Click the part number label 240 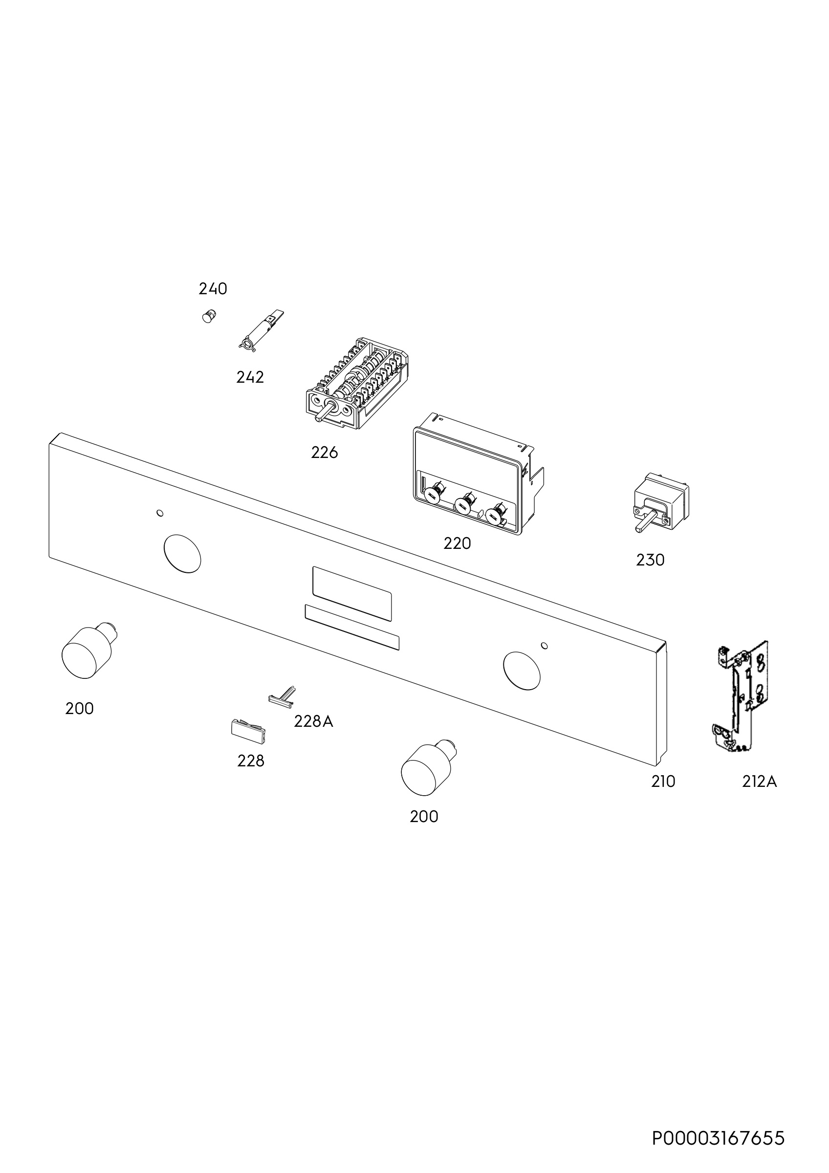[213, 289]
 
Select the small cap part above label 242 [208, 316]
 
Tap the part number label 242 [250, 377]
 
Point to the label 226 [325, 453]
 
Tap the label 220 [457, 543]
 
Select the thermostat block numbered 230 [660, 503]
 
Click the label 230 [650, 561]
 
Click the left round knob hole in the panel [182, 553]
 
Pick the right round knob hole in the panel [522, 671]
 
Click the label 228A [314, 721]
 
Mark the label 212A [759, 782]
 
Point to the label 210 [663, 782]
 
